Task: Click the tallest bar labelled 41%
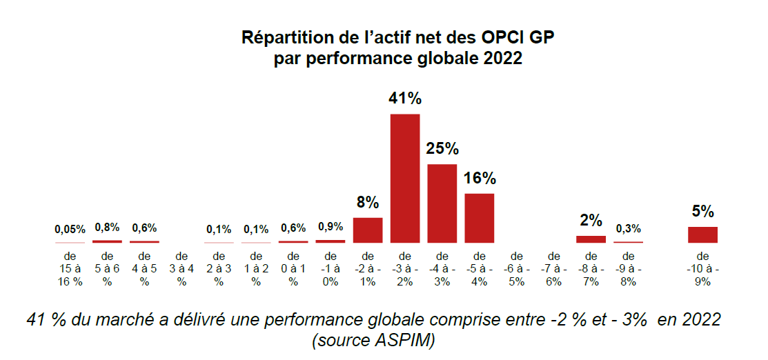[405, 178]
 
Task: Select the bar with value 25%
[442, 203]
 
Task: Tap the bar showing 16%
[480, 218]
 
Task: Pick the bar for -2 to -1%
[368, 230]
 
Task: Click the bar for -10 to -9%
[702, 234]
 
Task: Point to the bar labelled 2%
[591, 239]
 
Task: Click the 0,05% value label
[70, 229]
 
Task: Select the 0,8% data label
[107, 227]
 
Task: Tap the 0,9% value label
[331, 226]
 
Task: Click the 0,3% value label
[628, 228]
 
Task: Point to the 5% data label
[702, 212]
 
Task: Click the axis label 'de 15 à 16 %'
[70, 268]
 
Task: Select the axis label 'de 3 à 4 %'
[181, 268]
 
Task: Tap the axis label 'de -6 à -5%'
[517, 268]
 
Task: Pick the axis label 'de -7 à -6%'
[554, 268]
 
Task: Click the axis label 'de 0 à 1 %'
[293, 268]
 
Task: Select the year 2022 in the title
[503, 59]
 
